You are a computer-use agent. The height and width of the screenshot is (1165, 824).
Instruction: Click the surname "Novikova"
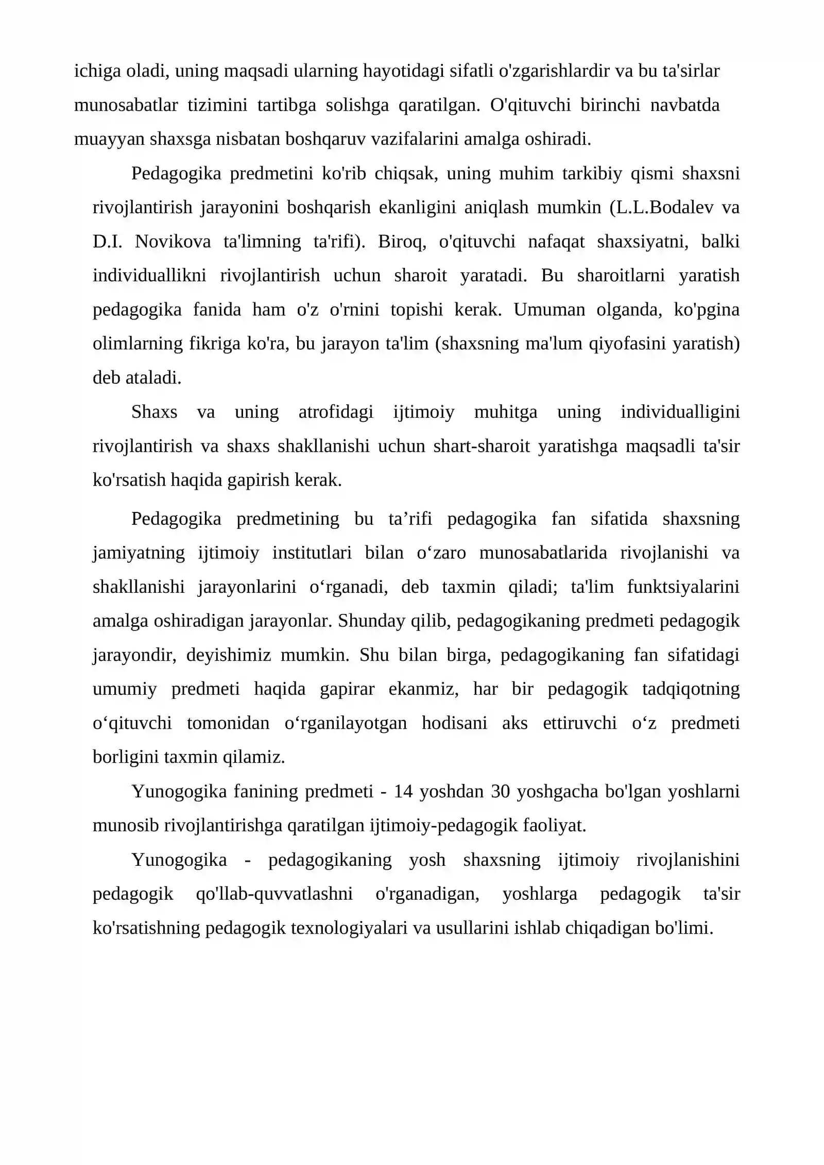(x=173, y=242)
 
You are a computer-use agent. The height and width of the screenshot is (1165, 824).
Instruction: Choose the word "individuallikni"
(x=149, y=276)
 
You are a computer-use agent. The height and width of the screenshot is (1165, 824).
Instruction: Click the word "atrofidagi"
(x=336, y=412)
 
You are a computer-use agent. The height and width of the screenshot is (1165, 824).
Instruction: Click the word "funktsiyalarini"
(x=683, y=587)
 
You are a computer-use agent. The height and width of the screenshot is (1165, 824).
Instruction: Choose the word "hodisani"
(x=454, y=723)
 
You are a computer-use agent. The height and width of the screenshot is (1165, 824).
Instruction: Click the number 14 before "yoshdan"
(x=403, y=791)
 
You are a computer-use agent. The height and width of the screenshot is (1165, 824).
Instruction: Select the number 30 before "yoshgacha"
(x=501, y=791)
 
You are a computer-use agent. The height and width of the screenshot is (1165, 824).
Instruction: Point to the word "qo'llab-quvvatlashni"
(x=274, y=894)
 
